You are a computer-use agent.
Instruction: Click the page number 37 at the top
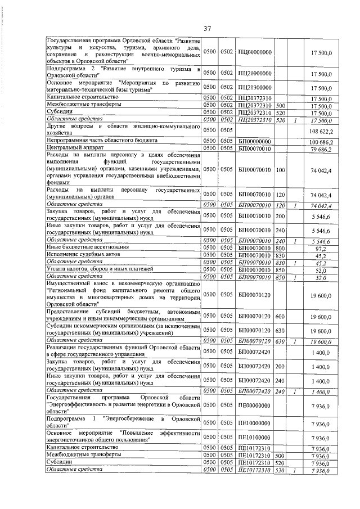[x=206, y=28]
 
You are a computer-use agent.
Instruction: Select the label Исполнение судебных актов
[x=80, y=255]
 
